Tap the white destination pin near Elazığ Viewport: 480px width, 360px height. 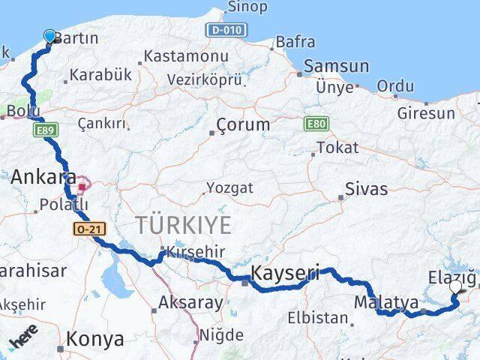[x=455, y=286]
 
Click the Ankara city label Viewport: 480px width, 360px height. [x=43, y=178]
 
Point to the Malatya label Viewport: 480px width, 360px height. [x=385, y=303]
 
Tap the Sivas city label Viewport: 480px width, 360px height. [x=367, y=188]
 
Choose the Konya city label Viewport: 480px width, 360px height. [x=95, y=339]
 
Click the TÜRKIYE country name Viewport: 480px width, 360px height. [x=184, y=224]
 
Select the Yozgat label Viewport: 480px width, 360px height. [x=229, y=187]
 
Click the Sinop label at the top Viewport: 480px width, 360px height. [x=247, y=7]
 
